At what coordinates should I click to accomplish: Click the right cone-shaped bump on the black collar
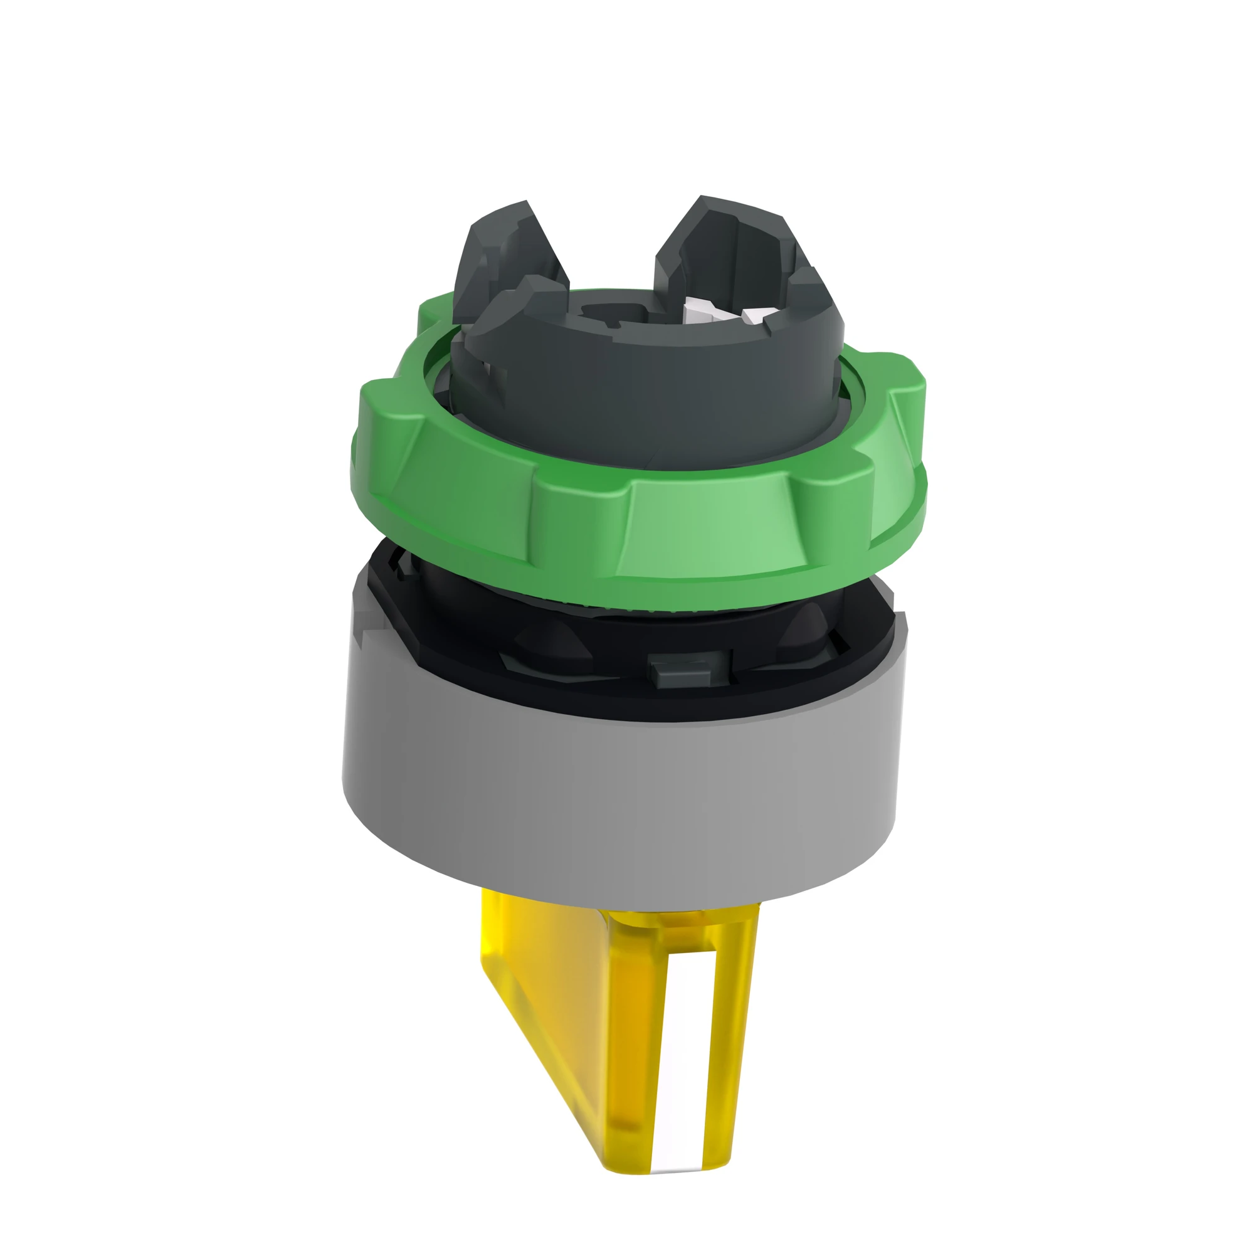[x=808, y=626]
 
